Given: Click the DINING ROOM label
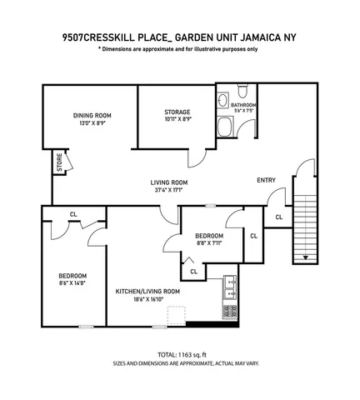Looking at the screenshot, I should tap(92, 115).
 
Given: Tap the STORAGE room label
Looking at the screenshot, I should tap(177, 112).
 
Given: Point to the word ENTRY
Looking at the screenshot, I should tap(266, 180).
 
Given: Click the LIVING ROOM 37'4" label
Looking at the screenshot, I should tap(168, 182).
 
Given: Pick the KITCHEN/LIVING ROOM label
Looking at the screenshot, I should tap(148, 291).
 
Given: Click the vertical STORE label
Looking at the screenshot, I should tap(59, 162).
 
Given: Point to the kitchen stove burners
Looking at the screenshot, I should tap(227, 311).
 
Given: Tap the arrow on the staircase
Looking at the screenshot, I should tap(305, 257).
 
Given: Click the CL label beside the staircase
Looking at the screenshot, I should tap(278, 217).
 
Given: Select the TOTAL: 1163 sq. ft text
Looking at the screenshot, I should tap(180, 354).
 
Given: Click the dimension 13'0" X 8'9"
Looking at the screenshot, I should tap(92, 123).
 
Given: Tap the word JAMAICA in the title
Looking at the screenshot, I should tap(257, 37).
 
